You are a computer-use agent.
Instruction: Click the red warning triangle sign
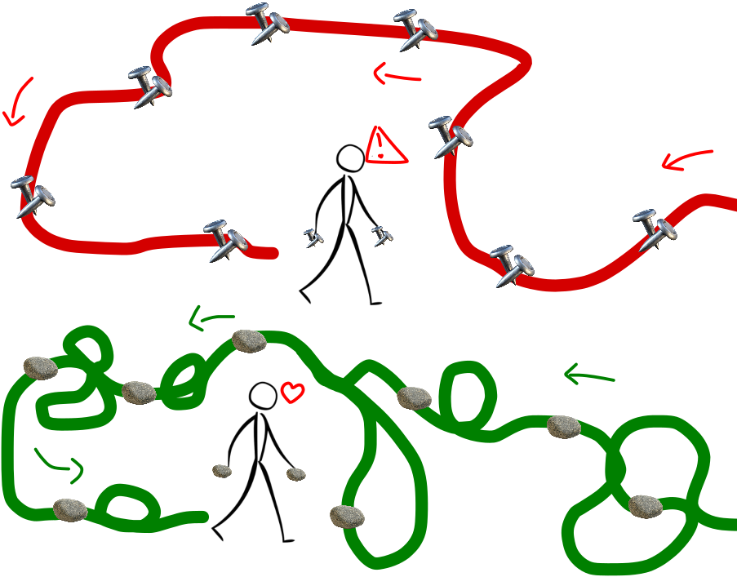click(x=384, y=146)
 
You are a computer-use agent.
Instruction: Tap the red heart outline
click(x=291, y=392)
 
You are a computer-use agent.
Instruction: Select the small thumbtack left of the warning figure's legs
click(x=313, y=237)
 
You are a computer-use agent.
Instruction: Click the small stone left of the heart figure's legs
click(x=222, y=470)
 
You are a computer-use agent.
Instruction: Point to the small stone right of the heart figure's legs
click(x=296, y=474)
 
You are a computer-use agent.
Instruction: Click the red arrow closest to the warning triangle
click(x=397, y=76)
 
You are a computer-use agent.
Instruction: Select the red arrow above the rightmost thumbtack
click(x=686, y=160)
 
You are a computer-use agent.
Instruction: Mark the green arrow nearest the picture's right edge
click(x=589, y=375)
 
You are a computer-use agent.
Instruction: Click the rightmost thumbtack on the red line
click(x=655, y=229)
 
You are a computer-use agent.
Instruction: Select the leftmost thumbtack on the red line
click(x=31, y=196)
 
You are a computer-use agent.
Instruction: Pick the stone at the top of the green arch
click(x=249, y=341)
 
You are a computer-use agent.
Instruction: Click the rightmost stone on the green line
click(x=646, y=506)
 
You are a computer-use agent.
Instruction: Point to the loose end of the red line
click(x=273, y=254)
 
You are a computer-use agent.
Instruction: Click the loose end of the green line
click(x=202, y=517)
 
